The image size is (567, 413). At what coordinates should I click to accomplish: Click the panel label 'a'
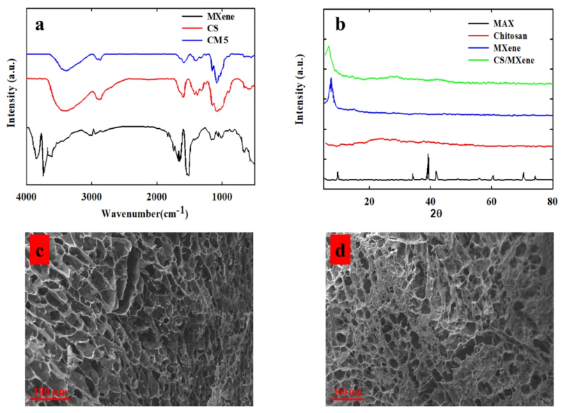(x=40, y=26)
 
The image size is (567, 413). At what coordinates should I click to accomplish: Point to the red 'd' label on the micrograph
(x=341, y=251)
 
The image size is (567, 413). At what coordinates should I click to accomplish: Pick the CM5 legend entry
(x=217, y=40)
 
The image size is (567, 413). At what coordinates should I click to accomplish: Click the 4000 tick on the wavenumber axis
(x=26, y=197)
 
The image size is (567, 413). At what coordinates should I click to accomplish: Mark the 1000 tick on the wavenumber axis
(x=222, y=197)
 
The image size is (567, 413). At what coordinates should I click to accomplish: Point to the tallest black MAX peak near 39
(x=428, y=155)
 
